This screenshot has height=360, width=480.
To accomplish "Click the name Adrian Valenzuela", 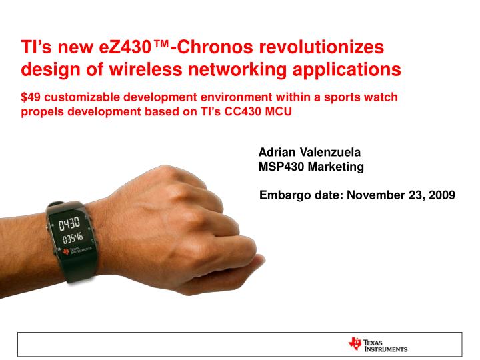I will (309, 152).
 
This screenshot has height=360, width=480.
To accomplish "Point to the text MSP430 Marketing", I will (311, 167).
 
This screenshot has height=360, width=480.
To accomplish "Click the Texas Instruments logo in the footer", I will (377, 345).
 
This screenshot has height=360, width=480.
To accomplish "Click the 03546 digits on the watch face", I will (72, 237).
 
